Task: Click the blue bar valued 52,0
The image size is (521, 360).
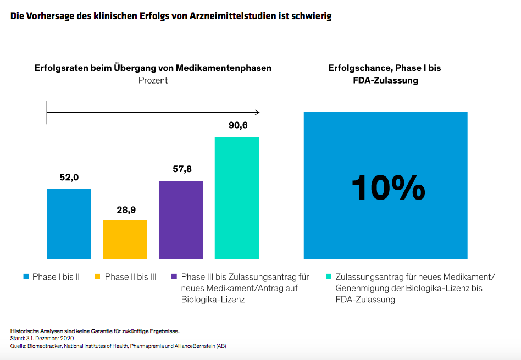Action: coord(69,224)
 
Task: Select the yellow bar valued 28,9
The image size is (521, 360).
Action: coord(125,239)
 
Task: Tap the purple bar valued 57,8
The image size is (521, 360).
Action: coord(181,220)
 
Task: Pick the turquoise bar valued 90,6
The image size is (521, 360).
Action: coord(236,197)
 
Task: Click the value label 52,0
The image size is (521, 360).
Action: coord(69,178)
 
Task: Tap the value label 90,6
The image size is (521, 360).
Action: coord(238,125)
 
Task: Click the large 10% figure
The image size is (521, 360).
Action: coord(388,188)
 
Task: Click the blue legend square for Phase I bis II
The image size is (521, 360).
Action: coord(26,277)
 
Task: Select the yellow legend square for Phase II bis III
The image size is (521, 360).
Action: coord(98,277)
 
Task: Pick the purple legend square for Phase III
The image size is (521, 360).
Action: coord(174,277)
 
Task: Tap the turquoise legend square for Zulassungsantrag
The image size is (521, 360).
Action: coord(329,277)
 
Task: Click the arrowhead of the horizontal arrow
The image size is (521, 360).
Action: coord(257,112)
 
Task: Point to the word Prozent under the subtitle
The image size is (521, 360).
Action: coord(153,80)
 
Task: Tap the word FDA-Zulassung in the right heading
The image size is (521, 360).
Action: coord(385,80)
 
